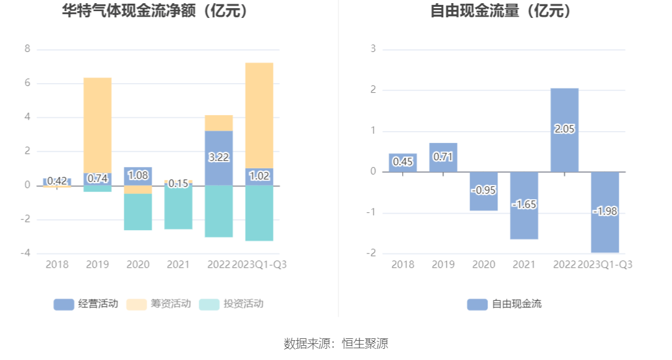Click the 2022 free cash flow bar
pyautogui.click(x=564, y=111)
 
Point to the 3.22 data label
pyautogui.click(x=219, y=157)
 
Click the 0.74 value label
pyautogui.click(x=98, y=178)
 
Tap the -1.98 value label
pyautogui.click(x=605, y=212)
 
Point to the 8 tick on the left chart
pyautogui.click(x=27, y=49)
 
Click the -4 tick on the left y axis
pyautogui.click(x=25, y=253)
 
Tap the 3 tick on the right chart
pyautogui.click(x=373, y=49)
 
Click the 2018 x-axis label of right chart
pyautogui.click(x=403, y=265)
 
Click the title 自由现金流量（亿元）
pyautogui.click(x=501, y=11)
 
